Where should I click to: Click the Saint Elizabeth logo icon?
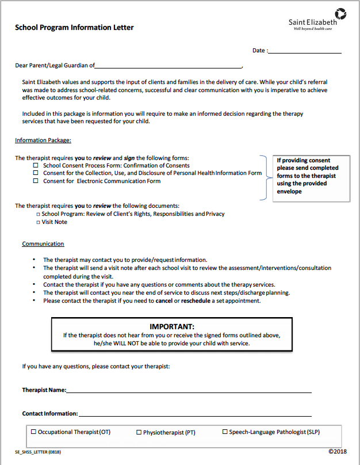[340, 13]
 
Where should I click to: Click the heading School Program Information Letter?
[74, 27]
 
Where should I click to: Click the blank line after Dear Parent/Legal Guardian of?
[169, 67]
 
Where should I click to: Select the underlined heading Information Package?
[43, 140]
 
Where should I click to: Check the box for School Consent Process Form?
[36, 165]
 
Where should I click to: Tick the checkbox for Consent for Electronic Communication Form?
[36, 181]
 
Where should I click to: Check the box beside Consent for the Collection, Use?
[36, 173]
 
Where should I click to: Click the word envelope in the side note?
[290, 192]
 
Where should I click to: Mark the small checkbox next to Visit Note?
[37, 222]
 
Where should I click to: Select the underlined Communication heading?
[43, 244]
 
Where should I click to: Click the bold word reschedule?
[196, 300]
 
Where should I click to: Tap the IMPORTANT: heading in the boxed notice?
[172, 326]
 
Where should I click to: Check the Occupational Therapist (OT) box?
[33, 432]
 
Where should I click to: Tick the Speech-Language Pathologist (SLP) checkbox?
[225, 432]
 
